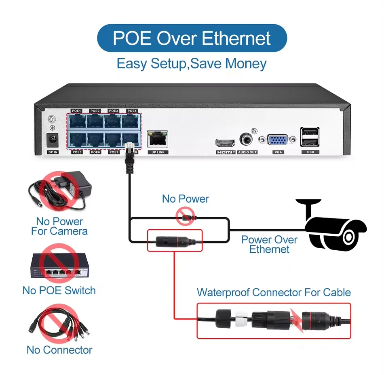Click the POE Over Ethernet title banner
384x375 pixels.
pyautogui.click(x=192, y=38)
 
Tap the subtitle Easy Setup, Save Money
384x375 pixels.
pyautogui.click(x=192, y=64)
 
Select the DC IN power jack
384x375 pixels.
pyautogui.click(x=52, y=141)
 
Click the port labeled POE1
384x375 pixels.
pyautogui.click(x=77, y=121)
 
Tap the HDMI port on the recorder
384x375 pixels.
pyautogui.click(x=225, y=142)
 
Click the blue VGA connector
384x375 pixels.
pyautogui.click(x=279, y=140)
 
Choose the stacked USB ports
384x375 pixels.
pyautogui.click(x=310, y=136)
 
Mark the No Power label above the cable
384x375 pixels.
pyautogui.click(x=186, y=199)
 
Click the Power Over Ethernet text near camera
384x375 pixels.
pyautogui.click(x=269, y=244)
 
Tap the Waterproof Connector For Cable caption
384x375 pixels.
pyautogui.click(x=274, y=292)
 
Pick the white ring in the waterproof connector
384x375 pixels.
pyautogui.click(x=240, y=319)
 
